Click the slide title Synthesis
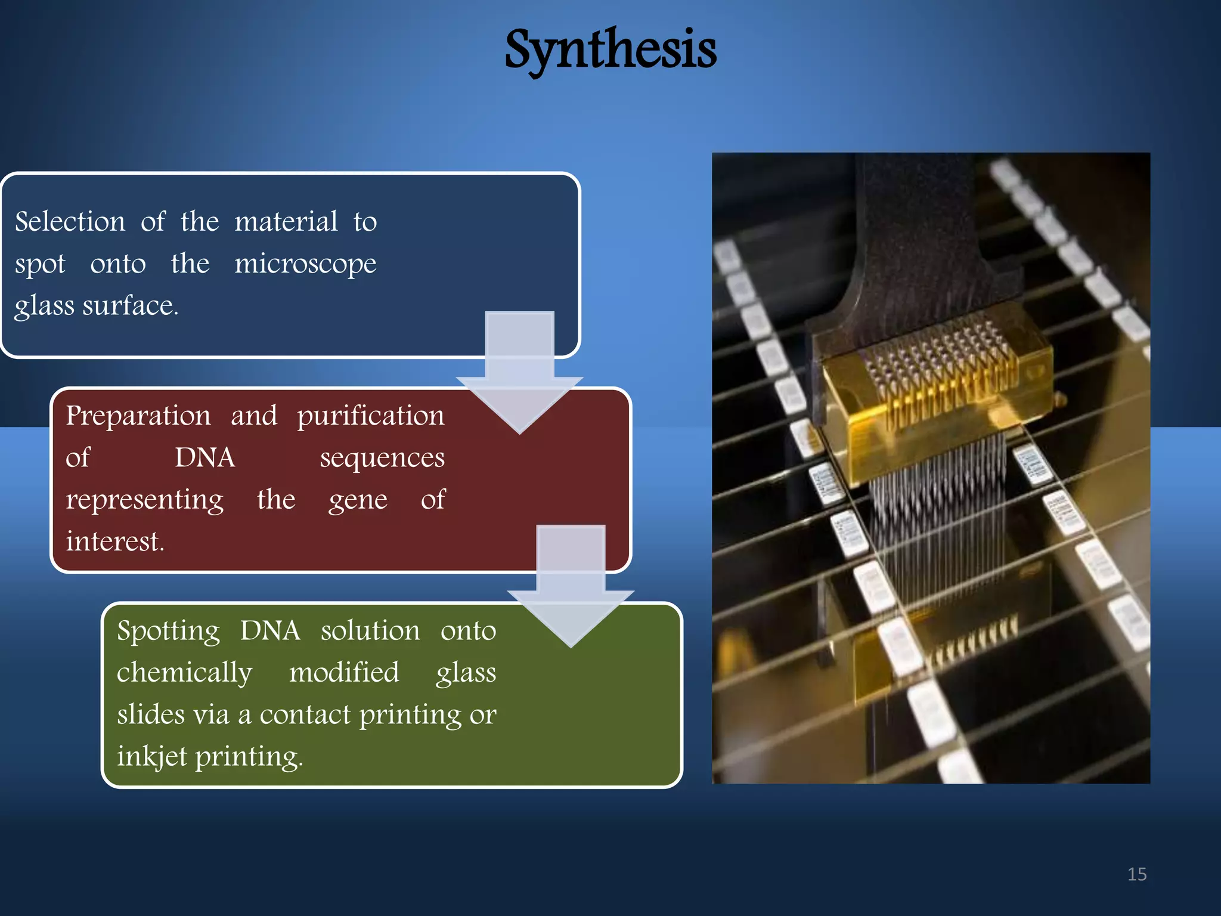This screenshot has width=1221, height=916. tap(610, 51)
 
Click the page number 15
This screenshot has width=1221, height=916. tap(1136, 874)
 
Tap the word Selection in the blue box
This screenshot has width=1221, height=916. tap(70, 222)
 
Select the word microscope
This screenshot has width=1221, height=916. tap(305, 264)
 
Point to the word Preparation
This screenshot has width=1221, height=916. tap(138, 416)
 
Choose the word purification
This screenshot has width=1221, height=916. tap(370, 416)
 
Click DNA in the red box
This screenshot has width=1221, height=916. tap(204, 458)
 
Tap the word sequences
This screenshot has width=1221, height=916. tap(382, 458)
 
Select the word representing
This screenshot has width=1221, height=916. tap(144, 500)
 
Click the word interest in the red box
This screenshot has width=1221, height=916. tap(113, 541)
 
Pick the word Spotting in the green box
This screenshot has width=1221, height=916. tap(168, 631)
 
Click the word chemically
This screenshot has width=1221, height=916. tap(184, 673)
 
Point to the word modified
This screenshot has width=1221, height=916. tap(344, 673)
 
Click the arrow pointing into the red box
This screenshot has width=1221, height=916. tap(519, 382)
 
